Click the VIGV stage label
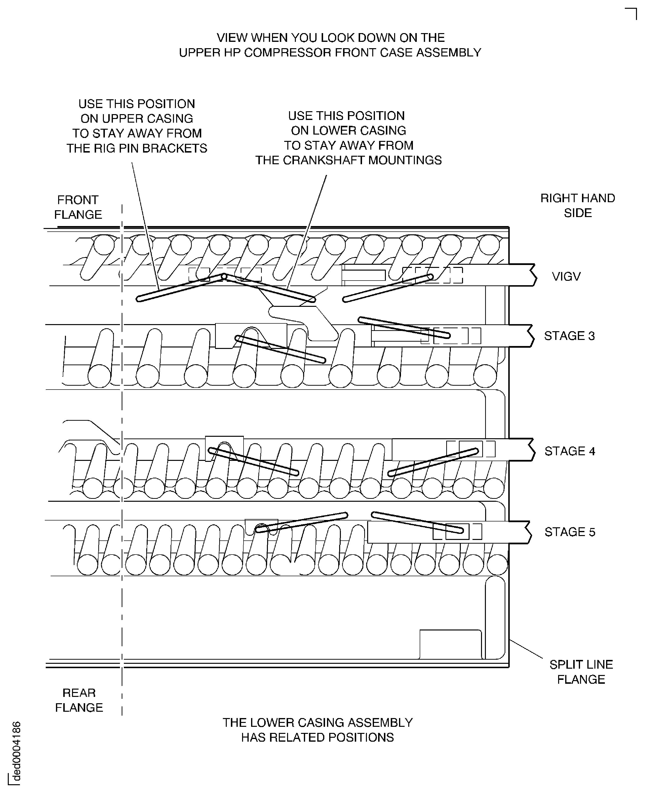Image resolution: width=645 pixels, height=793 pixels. tap(566, 276)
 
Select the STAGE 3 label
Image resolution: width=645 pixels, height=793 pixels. tap(569, 336)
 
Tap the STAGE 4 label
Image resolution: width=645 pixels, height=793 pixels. tap(570, 451)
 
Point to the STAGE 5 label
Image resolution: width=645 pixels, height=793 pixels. tap(570, 532)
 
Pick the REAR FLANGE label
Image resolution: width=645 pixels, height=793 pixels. tap(79, 700)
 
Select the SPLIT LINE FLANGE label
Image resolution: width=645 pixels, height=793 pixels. tap(581, 672)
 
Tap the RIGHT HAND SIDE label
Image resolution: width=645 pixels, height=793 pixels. tap(577, 206)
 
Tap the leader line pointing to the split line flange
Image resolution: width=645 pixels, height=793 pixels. tap(526, 649)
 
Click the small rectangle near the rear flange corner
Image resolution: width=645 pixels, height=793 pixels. tap(450, 644)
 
